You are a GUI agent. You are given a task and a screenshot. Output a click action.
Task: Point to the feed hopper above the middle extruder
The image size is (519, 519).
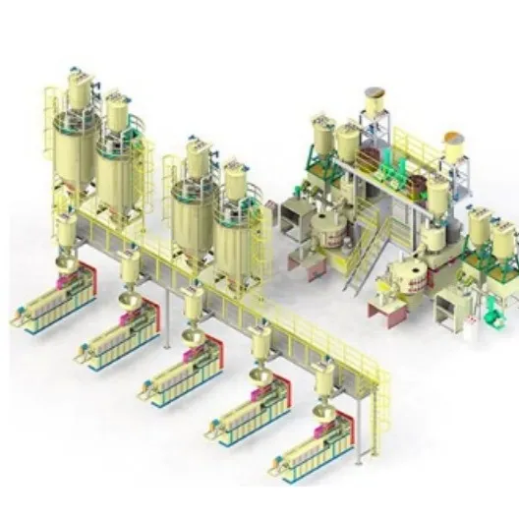(x=194, y=305)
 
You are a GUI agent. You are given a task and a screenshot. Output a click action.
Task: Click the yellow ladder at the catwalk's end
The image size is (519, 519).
(x=379, y=413)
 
